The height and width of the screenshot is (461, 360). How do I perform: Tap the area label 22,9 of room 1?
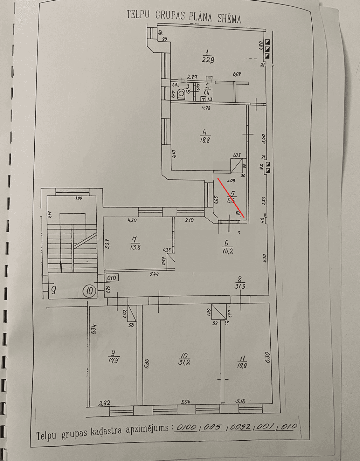(x=208, y=60)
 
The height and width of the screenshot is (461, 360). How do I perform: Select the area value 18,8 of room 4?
(x=206, y=140)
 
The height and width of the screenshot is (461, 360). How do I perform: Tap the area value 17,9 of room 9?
(x=112, y=360)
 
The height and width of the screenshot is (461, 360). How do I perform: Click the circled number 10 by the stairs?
(x=89, y=290)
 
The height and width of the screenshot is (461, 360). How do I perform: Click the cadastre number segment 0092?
(x=241, y=427)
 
